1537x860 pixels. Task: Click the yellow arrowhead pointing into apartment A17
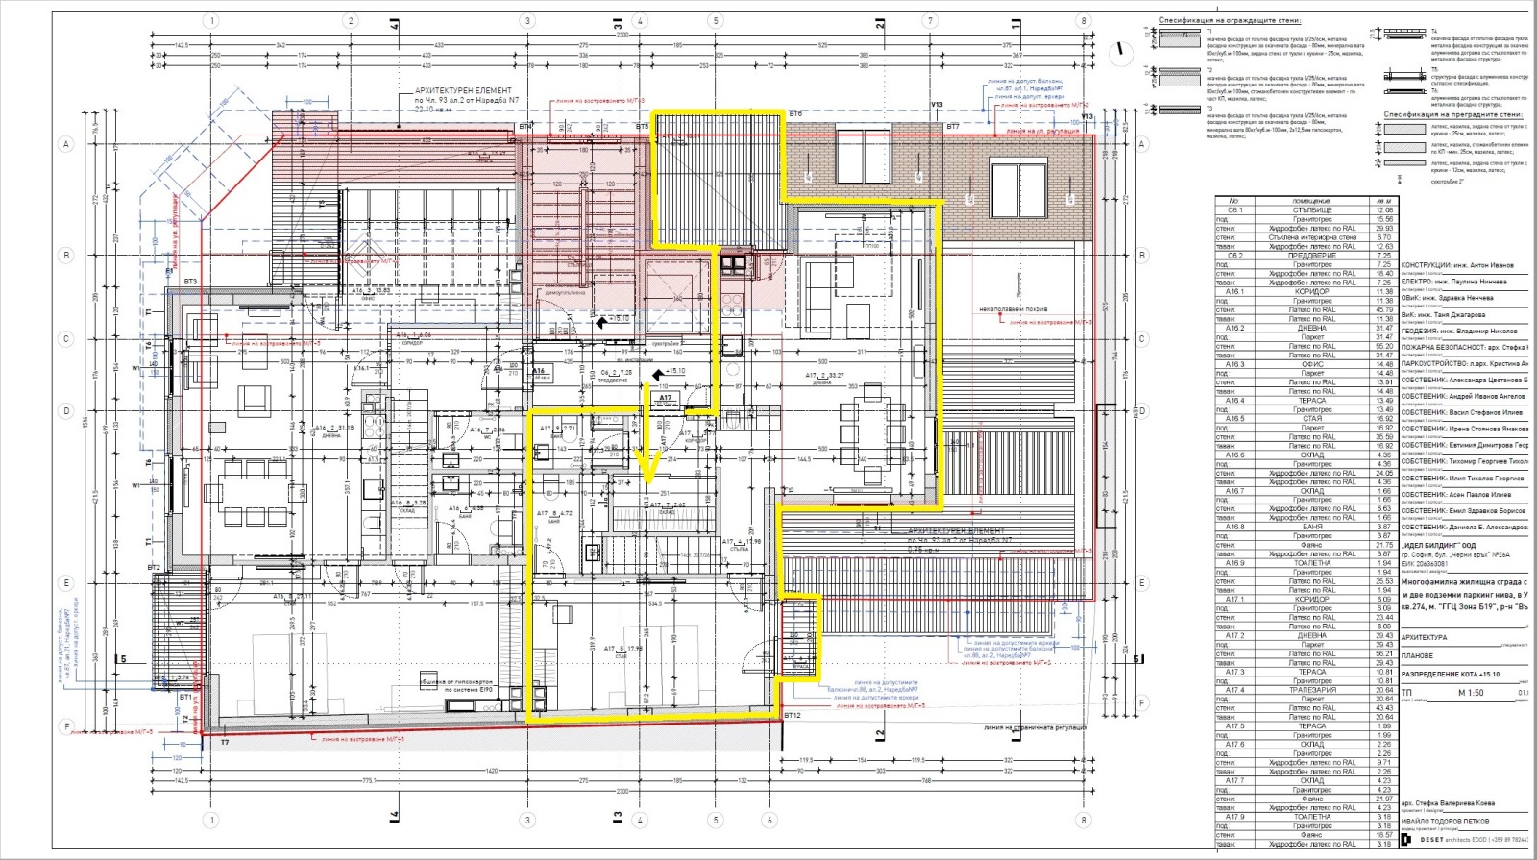pyautogui.click(x=647, y=469)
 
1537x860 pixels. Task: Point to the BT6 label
pyautogui.click(x=794, y=114)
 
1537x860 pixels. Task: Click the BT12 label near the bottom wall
pyautogui.click(x=792, y=715)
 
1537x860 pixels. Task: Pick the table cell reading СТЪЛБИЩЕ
pyautogui.click(x=1313, y=209)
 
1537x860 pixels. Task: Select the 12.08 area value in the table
pyautogui.click(x=1384, y=209)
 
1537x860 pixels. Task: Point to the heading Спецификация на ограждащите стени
pyautogui.click(x=1229, y=19)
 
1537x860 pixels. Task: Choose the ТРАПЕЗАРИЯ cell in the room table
pyautogui.click(x=1313, y=690)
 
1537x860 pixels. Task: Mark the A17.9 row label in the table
pyautogui.click(x=1235, y=817)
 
